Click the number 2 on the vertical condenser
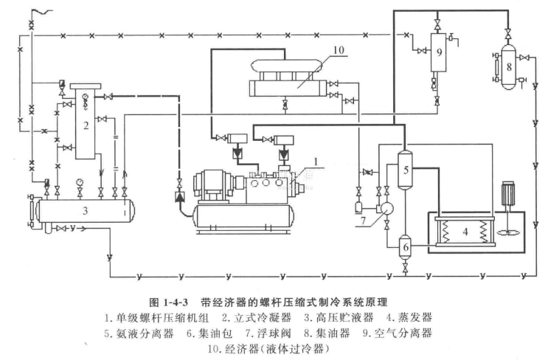pyautogui.click(x=86, y=125)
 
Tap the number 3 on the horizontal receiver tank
pyautogui.click(x=86, y=211)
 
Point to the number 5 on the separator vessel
pyautogui.click(x=405, y=170)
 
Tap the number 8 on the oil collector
pyautogui.click(x=509, y=66)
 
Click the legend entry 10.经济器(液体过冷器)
pyautogui.click(x=271, y=349)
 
